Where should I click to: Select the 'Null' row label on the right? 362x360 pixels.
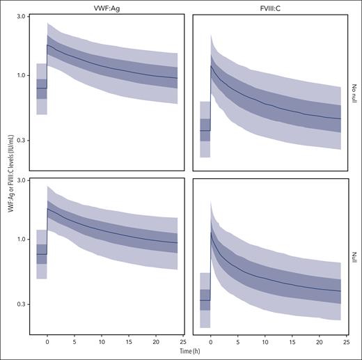point(355,256)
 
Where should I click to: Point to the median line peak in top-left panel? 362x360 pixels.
point(47,45)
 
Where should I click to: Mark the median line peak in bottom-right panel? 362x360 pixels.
point(211,232)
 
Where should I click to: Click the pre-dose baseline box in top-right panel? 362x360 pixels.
point(205,130)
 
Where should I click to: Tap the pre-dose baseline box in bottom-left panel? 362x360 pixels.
point(41,253)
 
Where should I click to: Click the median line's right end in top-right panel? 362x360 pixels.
point(340,118)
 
